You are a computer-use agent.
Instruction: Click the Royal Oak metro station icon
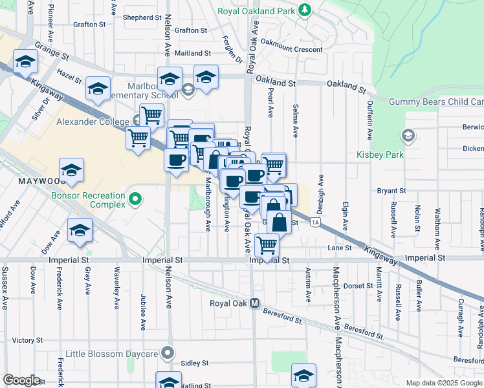(255, 303)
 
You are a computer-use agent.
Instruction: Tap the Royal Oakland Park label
(256, 10)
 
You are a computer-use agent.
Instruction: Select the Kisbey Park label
(380, 155)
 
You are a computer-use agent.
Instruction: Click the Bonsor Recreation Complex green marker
(135, 199)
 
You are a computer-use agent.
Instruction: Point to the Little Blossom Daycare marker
(168, 353)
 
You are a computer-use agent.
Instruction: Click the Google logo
(21, 380)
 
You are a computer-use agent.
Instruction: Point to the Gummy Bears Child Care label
(436, 102)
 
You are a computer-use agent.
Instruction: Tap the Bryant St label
(391, 191)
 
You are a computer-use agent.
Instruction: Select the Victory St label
(27, 339)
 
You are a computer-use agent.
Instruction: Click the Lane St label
(339, 248)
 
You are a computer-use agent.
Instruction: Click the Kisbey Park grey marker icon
(408, 136)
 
